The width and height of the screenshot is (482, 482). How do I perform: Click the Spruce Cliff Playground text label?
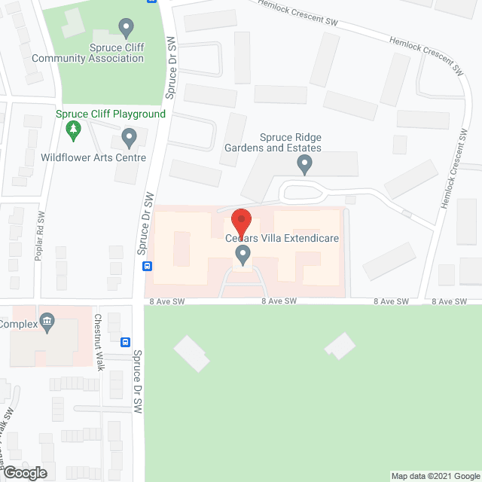[110, 114]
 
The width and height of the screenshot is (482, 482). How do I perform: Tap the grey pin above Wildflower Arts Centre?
[129, 139]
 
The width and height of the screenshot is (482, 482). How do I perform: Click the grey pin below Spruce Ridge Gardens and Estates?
[304, 163]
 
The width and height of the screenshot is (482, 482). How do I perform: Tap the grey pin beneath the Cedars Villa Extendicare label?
[243, 256]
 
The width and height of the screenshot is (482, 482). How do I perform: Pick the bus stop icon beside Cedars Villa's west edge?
[148, 266]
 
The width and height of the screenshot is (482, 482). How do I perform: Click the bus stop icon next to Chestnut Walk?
[126, 340]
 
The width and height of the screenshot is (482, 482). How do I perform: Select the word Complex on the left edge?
[18, 325]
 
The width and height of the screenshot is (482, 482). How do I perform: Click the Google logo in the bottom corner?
[25, 473]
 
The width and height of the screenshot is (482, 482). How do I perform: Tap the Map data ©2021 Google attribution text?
[435, 476]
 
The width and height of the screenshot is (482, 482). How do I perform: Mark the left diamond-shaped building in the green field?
[193, 352]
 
